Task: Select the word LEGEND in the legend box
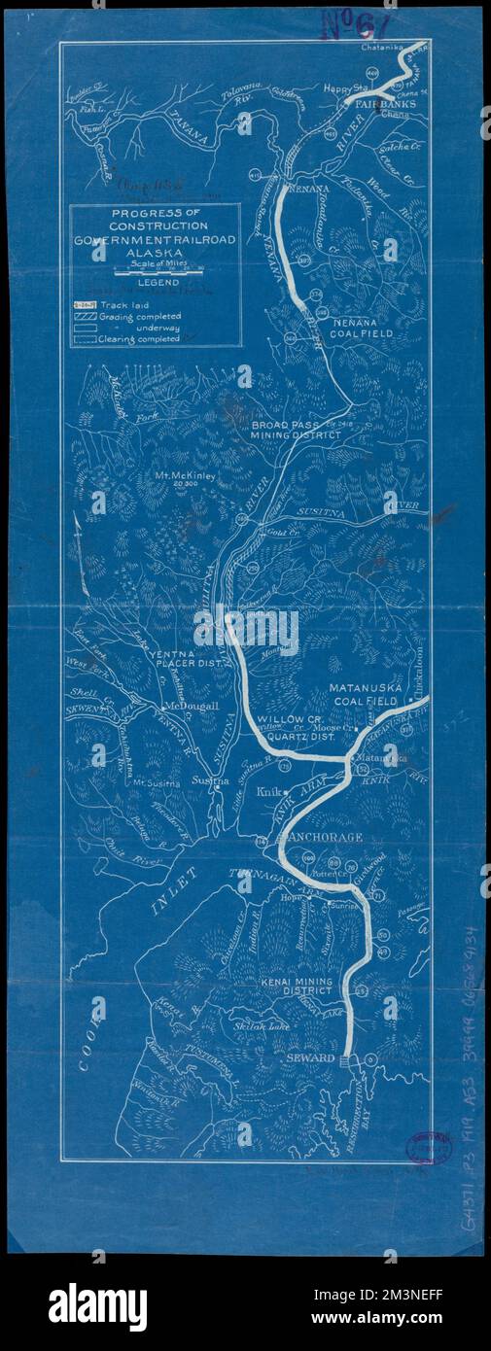tap(155, 283)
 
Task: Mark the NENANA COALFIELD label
tap(362, 327)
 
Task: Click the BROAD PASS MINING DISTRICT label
tap(295, 432)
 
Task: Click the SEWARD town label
tap(310, 1057)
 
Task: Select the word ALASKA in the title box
tap(154, 250)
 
